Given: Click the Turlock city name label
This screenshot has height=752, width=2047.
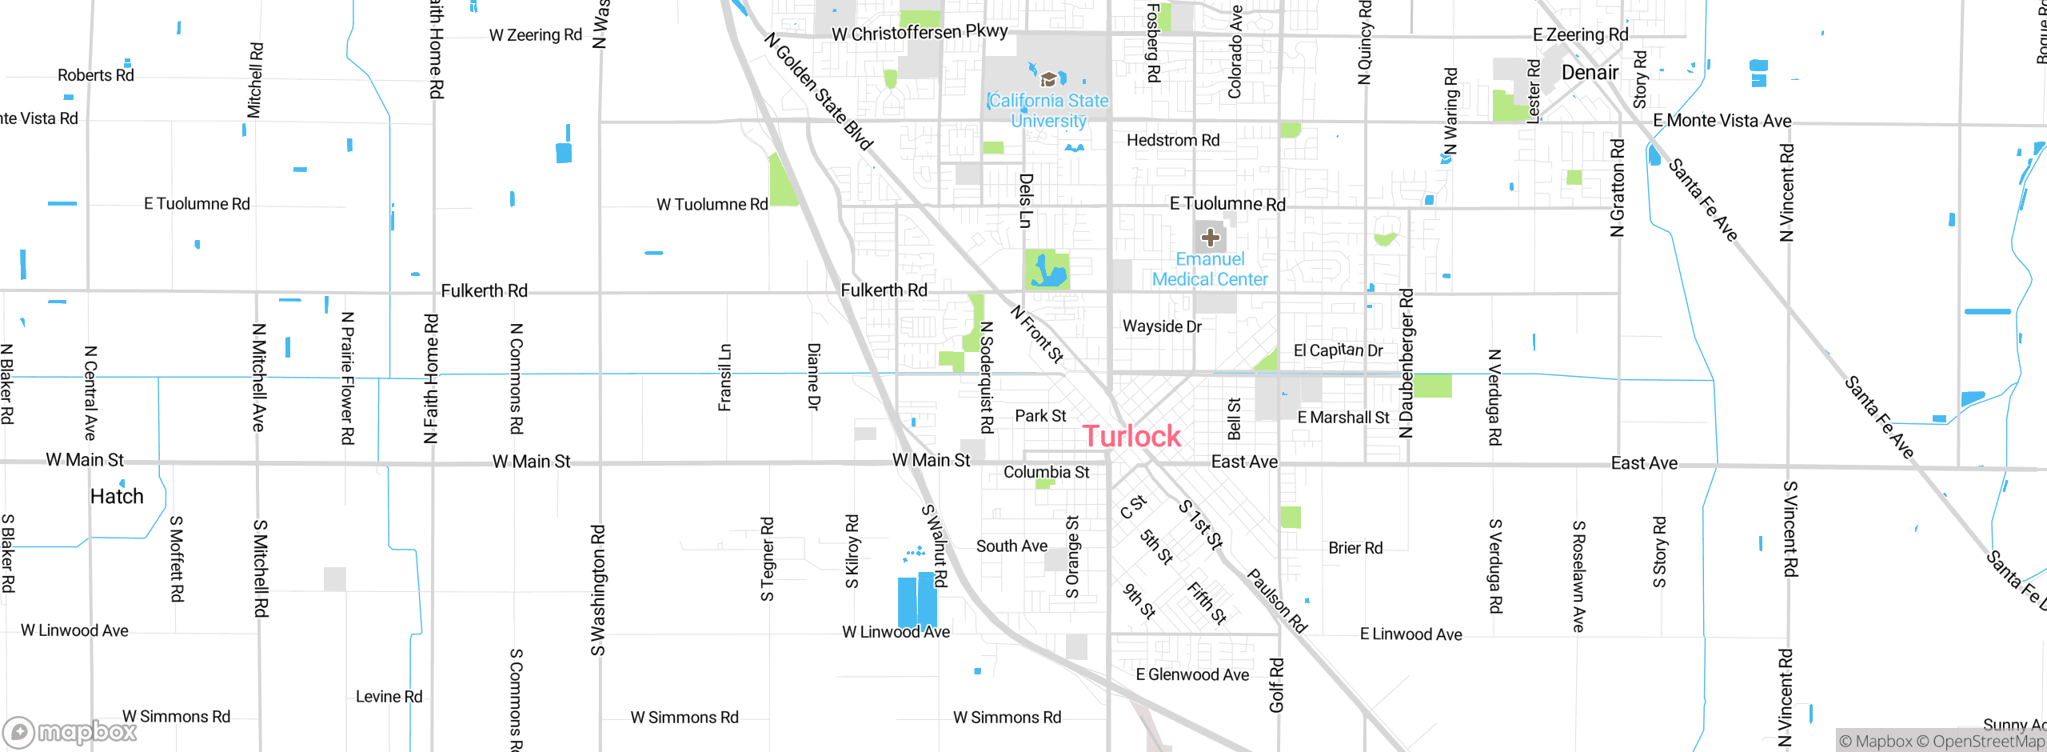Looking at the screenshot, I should click(1131, 436).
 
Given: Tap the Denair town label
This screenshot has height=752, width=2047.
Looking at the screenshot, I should click(1590, 73).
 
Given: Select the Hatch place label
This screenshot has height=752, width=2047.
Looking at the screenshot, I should click(117, 497).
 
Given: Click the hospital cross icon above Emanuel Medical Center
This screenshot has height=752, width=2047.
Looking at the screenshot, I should click(1210, 238).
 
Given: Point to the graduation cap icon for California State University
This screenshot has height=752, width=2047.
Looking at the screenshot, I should click(1048, 80).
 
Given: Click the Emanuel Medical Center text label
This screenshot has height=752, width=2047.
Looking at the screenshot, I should click(1210, 270).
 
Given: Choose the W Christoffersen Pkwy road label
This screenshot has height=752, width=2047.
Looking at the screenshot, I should click(920, 33).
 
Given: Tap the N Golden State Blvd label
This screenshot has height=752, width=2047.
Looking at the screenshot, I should click(818, 91).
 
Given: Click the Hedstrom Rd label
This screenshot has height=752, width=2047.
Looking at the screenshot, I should click(1173, 141).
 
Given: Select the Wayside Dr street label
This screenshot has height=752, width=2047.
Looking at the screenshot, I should click(1162, 326).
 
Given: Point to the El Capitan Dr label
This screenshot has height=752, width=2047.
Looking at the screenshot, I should click(1338, 350).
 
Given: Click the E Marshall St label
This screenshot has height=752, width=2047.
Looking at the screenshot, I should click(1343, 418).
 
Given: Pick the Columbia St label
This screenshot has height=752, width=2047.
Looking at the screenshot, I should click(1046, 473).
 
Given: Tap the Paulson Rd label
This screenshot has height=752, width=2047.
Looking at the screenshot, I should click(1277, 601).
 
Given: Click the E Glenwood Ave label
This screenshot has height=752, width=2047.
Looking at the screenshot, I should click(1192, 675).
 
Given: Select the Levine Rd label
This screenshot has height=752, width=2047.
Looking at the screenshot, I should click(389, 697).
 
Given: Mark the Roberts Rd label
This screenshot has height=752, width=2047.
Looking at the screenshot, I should click(96, 75).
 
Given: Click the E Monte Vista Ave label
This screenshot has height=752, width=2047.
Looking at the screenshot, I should click(1722, 121).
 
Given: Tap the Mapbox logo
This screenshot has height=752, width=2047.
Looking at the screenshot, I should click(70, 732).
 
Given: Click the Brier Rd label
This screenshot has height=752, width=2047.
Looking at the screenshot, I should click(1355, 548).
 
